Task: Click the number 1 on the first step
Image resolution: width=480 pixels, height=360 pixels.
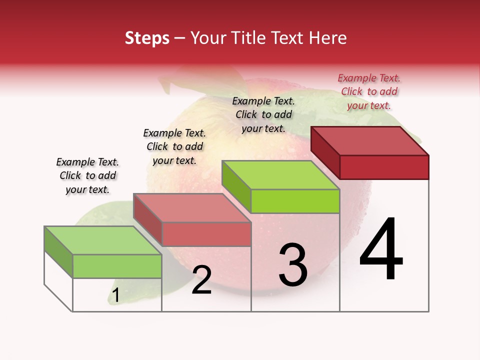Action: [x=115, y=295]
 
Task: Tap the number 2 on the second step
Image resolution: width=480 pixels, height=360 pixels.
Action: [x=201, y=280]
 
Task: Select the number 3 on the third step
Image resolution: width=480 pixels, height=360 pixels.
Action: [x=293, y=264]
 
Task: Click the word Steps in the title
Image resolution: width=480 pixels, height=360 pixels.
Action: [x=147, y=38]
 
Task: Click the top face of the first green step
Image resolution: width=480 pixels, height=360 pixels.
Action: [x=102, y=240]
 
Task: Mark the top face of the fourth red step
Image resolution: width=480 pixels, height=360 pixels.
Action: [x=370, y=141]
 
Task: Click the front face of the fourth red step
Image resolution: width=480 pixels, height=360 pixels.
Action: [x=384, y=167]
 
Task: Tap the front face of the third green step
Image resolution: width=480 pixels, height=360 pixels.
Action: [x=295, y=201]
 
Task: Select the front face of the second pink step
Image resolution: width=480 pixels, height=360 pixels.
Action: [x=206, y=234]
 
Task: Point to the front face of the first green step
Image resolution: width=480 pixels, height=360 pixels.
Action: [x=117, y=266]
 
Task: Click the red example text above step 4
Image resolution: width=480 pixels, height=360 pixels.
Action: [x=369, y=92]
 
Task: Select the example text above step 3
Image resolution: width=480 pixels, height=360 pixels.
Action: [x=263, y=114]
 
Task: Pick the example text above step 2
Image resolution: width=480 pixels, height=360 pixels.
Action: [x=174, y=146]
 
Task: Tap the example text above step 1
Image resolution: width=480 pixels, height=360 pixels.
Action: [x=87, y=175]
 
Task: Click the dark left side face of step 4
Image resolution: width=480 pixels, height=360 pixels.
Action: [x=325, y=151]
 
